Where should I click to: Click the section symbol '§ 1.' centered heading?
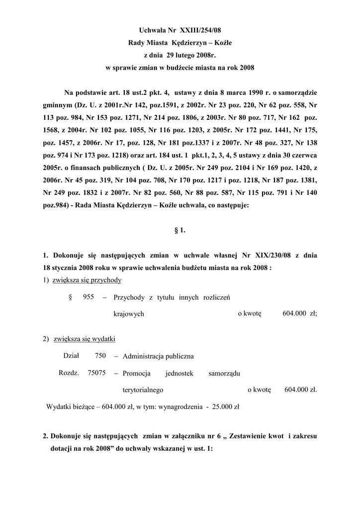click(180, 230)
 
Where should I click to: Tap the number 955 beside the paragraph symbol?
click(89, 297)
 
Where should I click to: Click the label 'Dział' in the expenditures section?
click(71, 356)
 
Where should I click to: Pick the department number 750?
click(100, 356)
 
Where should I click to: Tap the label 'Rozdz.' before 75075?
click(69, 373)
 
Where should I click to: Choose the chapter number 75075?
click(96, 373)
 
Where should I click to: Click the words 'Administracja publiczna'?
click(158, 356)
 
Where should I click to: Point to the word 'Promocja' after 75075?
click(136, 373)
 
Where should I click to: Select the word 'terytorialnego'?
click(143, 390)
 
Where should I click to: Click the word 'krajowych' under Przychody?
click(129, 314)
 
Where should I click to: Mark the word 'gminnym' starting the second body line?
click(56, 106)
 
